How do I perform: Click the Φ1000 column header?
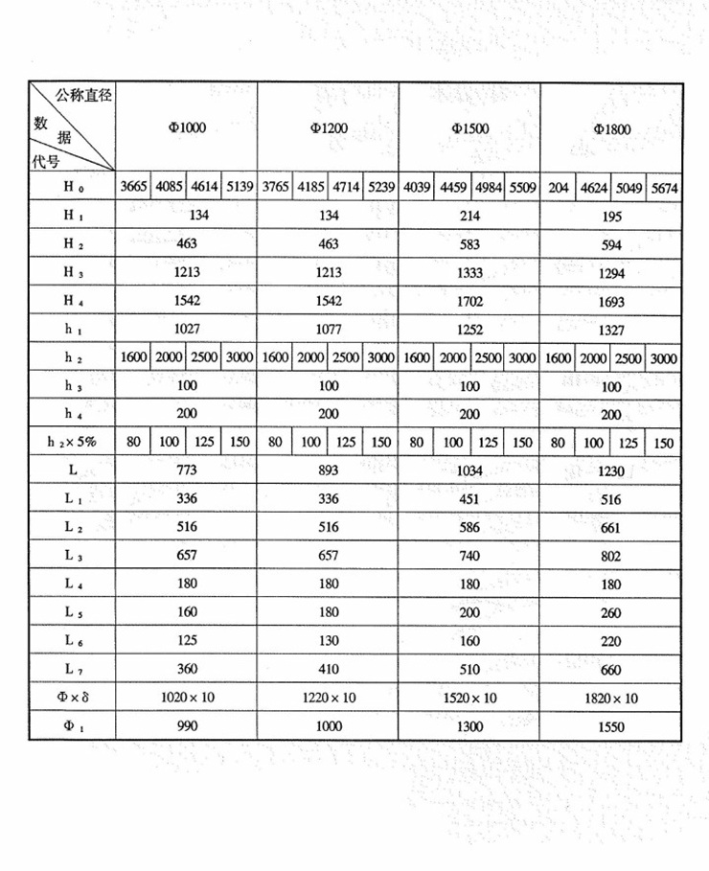coord(187,127)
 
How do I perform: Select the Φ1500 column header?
coord(469,127)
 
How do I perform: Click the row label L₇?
coord(73,669)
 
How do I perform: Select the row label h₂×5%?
coord(73,443)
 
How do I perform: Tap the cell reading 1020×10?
coord(187,698)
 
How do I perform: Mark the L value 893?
coord(329,471)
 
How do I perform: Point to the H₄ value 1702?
coord(469,301)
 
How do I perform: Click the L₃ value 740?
coord(469,556)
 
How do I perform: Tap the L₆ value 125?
coord(187,640)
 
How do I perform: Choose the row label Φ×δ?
coord(73,698)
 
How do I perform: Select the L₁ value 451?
coord(469,499)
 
